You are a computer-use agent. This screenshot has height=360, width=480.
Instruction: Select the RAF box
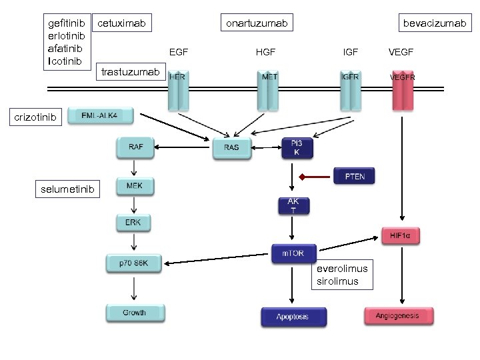(x=135, y=147)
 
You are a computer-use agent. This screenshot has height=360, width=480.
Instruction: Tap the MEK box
(x=134, y=186)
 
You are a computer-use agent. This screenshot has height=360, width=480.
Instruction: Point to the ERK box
(x=133, y=223)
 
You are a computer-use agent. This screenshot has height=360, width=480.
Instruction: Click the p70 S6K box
(x=134, y=263)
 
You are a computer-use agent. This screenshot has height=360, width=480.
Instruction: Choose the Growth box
(x=134, y=313)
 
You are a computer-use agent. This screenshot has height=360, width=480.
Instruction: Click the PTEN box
(x=354, y=177)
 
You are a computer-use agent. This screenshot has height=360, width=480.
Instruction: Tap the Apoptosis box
(x=293, y=317)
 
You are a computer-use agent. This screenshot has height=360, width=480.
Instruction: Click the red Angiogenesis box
(x=399, y=316)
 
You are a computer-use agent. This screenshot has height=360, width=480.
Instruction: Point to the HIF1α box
(x=400, y=235)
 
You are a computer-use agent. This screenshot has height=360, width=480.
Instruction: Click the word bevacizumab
(x=434, y=24)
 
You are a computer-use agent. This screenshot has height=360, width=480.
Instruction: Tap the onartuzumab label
(x=257, y=24)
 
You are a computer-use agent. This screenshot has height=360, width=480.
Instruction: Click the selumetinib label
(x=68, y=190)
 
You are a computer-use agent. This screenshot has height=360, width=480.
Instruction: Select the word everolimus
(x=342, y=268)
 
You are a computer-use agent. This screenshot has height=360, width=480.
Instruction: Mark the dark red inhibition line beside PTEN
(x=315, y=177)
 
